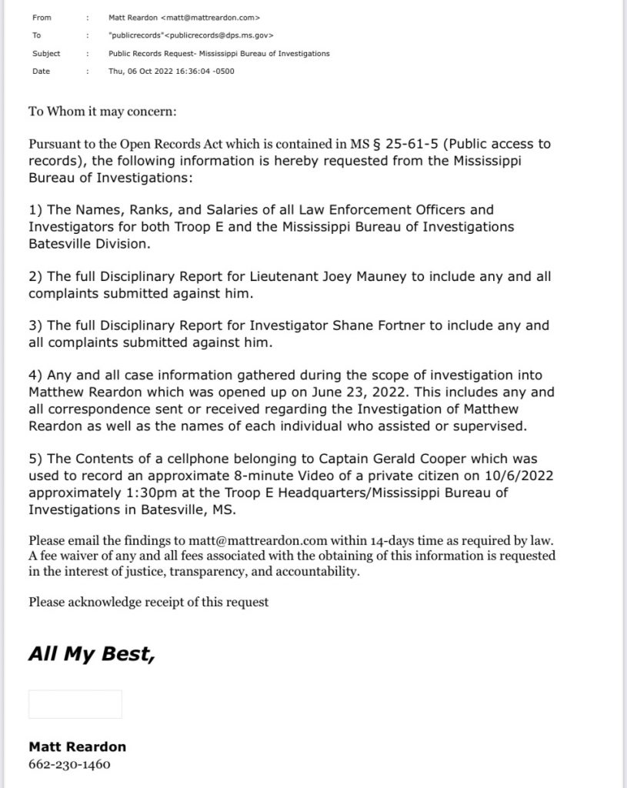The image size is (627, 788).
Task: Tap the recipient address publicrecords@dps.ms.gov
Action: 216,35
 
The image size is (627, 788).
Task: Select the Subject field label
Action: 46,54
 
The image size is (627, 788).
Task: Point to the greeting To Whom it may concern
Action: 102,112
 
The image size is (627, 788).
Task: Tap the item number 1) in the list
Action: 36,209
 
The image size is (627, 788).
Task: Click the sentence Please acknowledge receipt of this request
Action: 148,602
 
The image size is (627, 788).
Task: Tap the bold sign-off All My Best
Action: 92,654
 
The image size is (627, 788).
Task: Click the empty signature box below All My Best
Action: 75,704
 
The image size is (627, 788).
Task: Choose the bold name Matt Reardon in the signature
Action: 77,746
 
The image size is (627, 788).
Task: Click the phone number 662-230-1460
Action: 69,765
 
